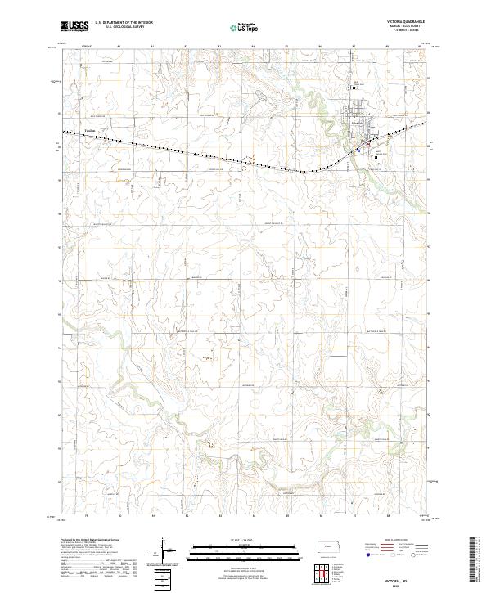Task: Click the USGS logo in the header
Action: coord(75,26)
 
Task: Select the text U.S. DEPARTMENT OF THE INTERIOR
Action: coord(124,23)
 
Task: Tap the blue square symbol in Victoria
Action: coord(357,150)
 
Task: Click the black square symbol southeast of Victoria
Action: coord(376,158)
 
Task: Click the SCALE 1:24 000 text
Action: coord(233,541)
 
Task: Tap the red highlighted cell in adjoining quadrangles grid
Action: coord(327,573)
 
